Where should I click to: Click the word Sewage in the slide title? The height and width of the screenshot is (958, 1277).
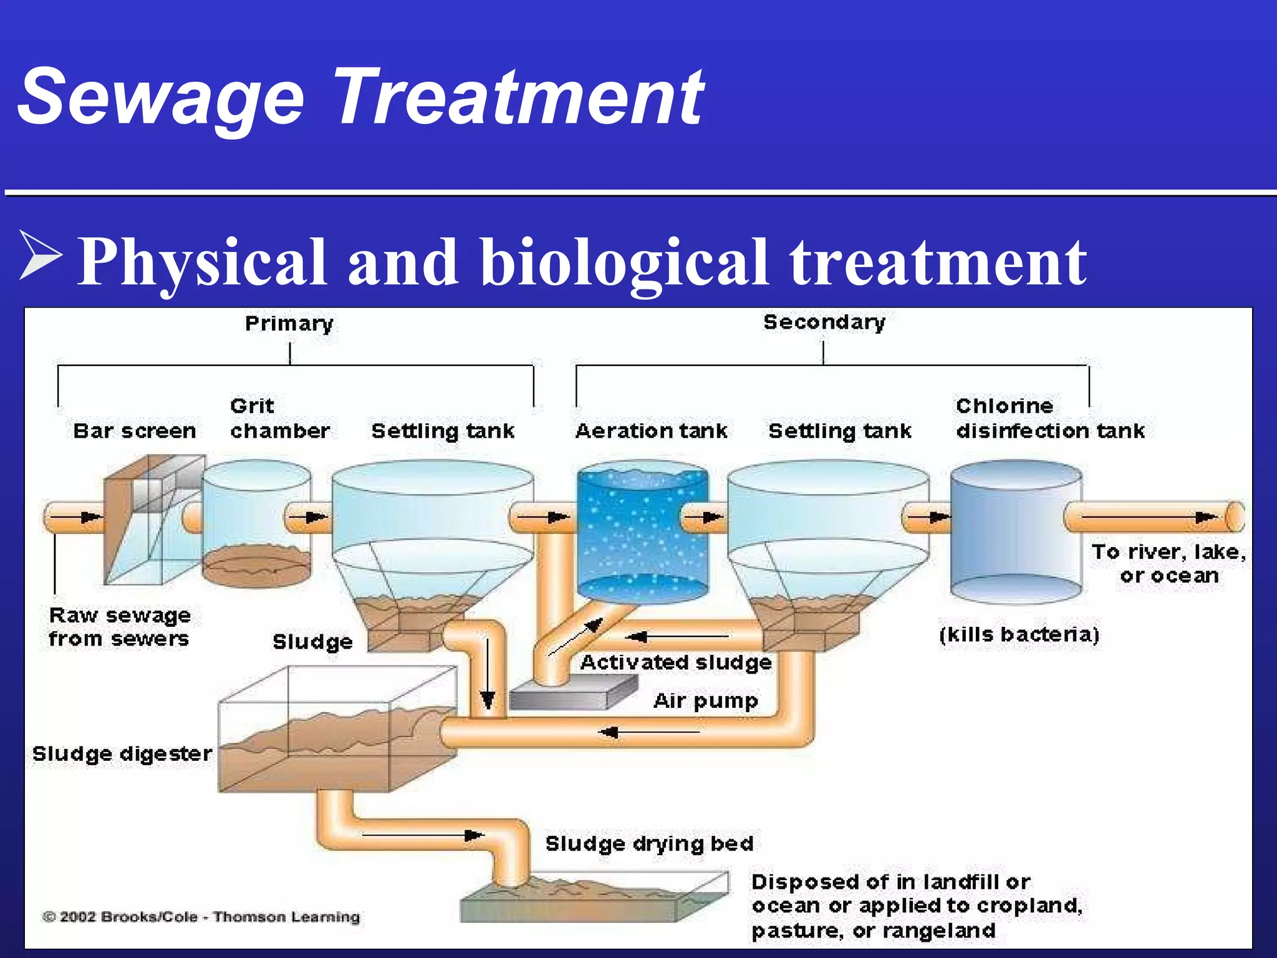coord(161,99)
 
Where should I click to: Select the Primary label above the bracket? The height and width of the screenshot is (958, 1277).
coord(289,323)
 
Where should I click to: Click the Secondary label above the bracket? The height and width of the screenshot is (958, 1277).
coord(824,322)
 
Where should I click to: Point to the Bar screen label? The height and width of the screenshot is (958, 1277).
coord(134,430)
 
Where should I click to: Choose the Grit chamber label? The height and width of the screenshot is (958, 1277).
coord(279,419)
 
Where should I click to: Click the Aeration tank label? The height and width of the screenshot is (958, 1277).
coord(651,430)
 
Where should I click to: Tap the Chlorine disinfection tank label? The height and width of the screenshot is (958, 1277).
coord(1049,419)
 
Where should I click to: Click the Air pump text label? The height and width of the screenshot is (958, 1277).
coord(705,700)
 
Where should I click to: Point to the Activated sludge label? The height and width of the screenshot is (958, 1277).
coord(675,662)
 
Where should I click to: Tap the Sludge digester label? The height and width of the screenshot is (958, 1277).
coord(122,753)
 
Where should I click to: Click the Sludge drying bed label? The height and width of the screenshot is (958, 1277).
coord(649,843)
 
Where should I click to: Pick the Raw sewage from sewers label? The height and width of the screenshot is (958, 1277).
coord(118,627)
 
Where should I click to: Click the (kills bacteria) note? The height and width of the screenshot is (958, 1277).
coord(1019,634)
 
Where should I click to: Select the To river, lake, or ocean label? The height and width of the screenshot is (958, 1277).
coord(1168,563)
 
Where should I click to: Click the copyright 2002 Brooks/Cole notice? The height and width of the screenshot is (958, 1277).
coord(201,917)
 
